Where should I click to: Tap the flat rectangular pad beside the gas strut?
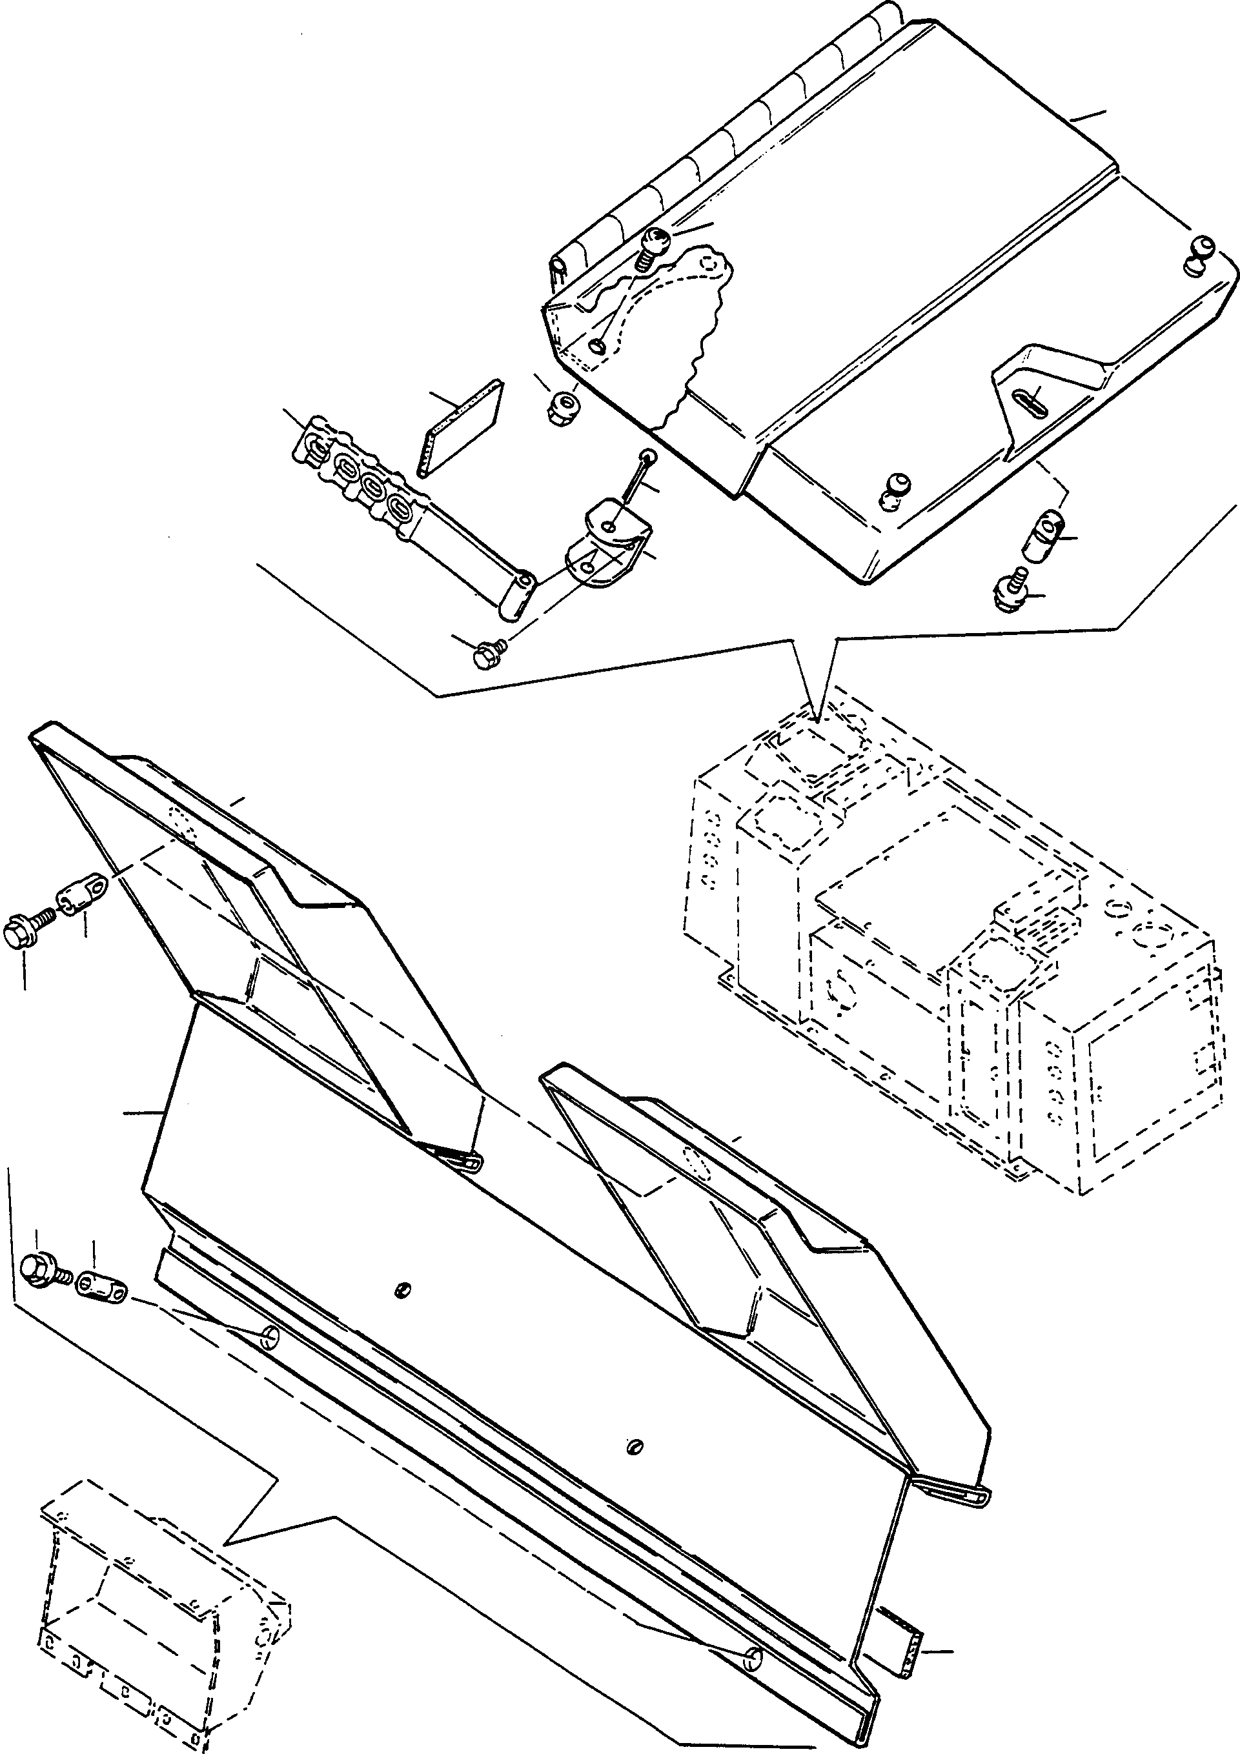pos(462,428)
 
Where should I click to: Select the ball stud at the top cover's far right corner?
pos(1199,258)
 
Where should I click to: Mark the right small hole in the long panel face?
pos(636,1446)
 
